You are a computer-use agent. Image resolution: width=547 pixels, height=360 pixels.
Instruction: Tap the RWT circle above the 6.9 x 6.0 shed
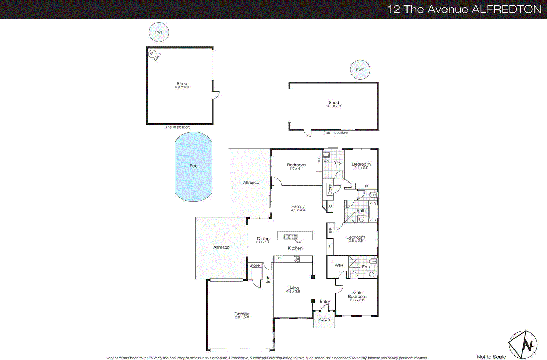click(x=159, y=32)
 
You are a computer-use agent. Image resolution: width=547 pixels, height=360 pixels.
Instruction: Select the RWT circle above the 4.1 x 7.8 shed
click(x=360, y=70)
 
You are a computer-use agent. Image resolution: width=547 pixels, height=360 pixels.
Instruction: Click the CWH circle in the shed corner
click(x=152, y=53)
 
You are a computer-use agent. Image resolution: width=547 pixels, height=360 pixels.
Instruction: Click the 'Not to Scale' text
click(x=491, y=357)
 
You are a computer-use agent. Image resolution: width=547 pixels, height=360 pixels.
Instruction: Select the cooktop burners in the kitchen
click(x=297, y=259)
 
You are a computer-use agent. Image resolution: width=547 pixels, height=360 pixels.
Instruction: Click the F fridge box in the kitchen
click(x=278, y=259)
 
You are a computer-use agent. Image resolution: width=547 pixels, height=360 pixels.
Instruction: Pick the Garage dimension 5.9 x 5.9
click(x=242, y=318)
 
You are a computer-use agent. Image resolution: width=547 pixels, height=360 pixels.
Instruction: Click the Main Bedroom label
click(x=357, y=295)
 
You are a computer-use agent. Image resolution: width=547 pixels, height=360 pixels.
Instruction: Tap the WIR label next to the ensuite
click(x=339, y=265)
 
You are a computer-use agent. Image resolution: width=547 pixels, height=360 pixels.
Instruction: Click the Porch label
click(x=324, y=319)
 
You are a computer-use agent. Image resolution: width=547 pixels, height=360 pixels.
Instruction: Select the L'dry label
click(x=337, y=163)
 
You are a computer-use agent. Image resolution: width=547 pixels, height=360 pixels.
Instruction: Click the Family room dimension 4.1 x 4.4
click(x=298, y=210)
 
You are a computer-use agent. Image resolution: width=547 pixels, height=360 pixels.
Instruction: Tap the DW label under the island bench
click(x=298, y=242)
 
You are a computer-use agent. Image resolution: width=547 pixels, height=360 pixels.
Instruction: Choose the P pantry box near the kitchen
click(x=330, y=246)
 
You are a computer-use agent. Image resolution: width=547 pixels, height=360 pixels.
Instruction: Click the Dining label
click(x=263, y=239)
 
